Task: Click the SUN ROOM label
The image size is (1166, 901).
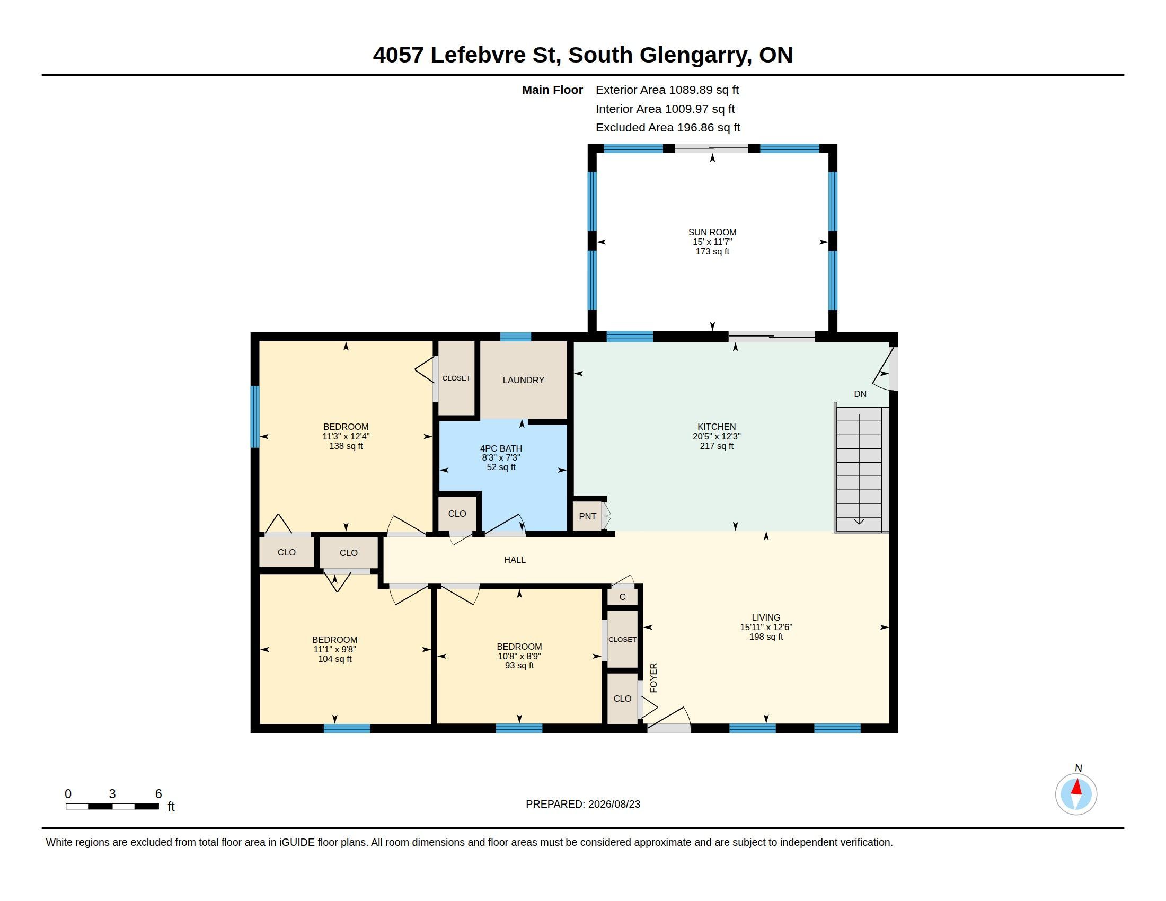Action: pos(712,232)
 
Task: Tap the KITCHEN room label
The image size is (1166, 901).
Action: pos(717,427)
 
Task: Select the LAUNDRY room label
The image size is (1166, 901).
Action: pos(523,380)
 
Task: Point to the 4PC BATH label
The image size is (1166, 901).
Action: pos(501,448)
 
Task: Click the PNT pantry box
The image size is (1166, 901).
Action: pos(587,516)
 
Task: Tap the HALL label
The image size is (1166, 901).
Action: pos(515,559)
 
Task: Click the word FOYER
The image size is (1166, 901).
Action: pos(653,678)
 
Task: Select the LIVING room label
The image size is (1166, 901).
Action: pos(766,617)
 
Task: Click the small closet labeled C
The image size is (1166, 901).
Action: pos(623,597)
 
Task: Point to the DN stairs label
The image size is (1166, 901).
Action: pos(860,394)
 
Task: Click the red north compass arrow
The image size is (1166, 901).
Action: pos(1077,788)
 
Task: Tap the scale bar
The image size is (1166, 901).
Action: pos(112,806)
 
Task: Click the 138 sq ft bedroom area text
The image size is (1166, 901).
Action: pos(346,446)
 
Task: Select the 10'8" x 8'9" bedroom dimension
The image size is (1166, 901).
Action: pos(519,656)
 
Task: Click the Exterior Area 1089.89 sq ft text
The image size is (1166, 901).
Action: pos(667,90)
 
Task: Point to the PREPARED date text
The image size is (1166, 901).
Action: pos(583,804)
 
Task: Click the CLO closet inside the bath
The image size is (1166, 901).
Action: pos(457,514)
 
